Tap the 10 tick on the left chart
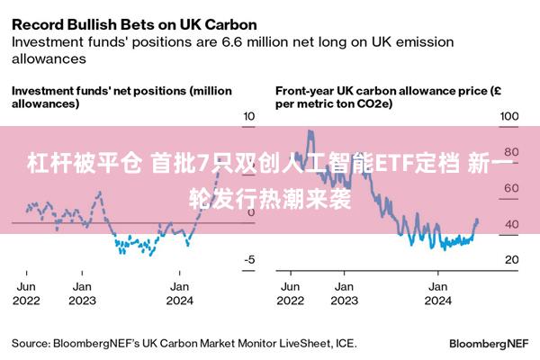point(249,117)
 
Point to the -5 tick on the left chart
point(248,260)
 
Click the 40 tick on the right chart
point(511,224)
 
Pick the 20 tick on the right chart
point(511,260)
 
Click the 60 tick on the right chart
point(511,188)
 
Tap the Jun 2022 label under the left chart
point(27,293)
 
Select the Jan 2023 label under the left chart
point(82,293)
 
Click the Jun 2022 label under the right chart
point(291,293)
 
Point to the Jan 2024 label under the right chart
point(437,293)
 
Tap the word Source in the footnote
point(30,343)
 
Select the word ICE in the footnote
point(345,343)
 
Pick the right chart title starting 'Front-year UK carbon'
point(387,97)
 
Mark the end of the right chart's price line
point(476,220)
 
